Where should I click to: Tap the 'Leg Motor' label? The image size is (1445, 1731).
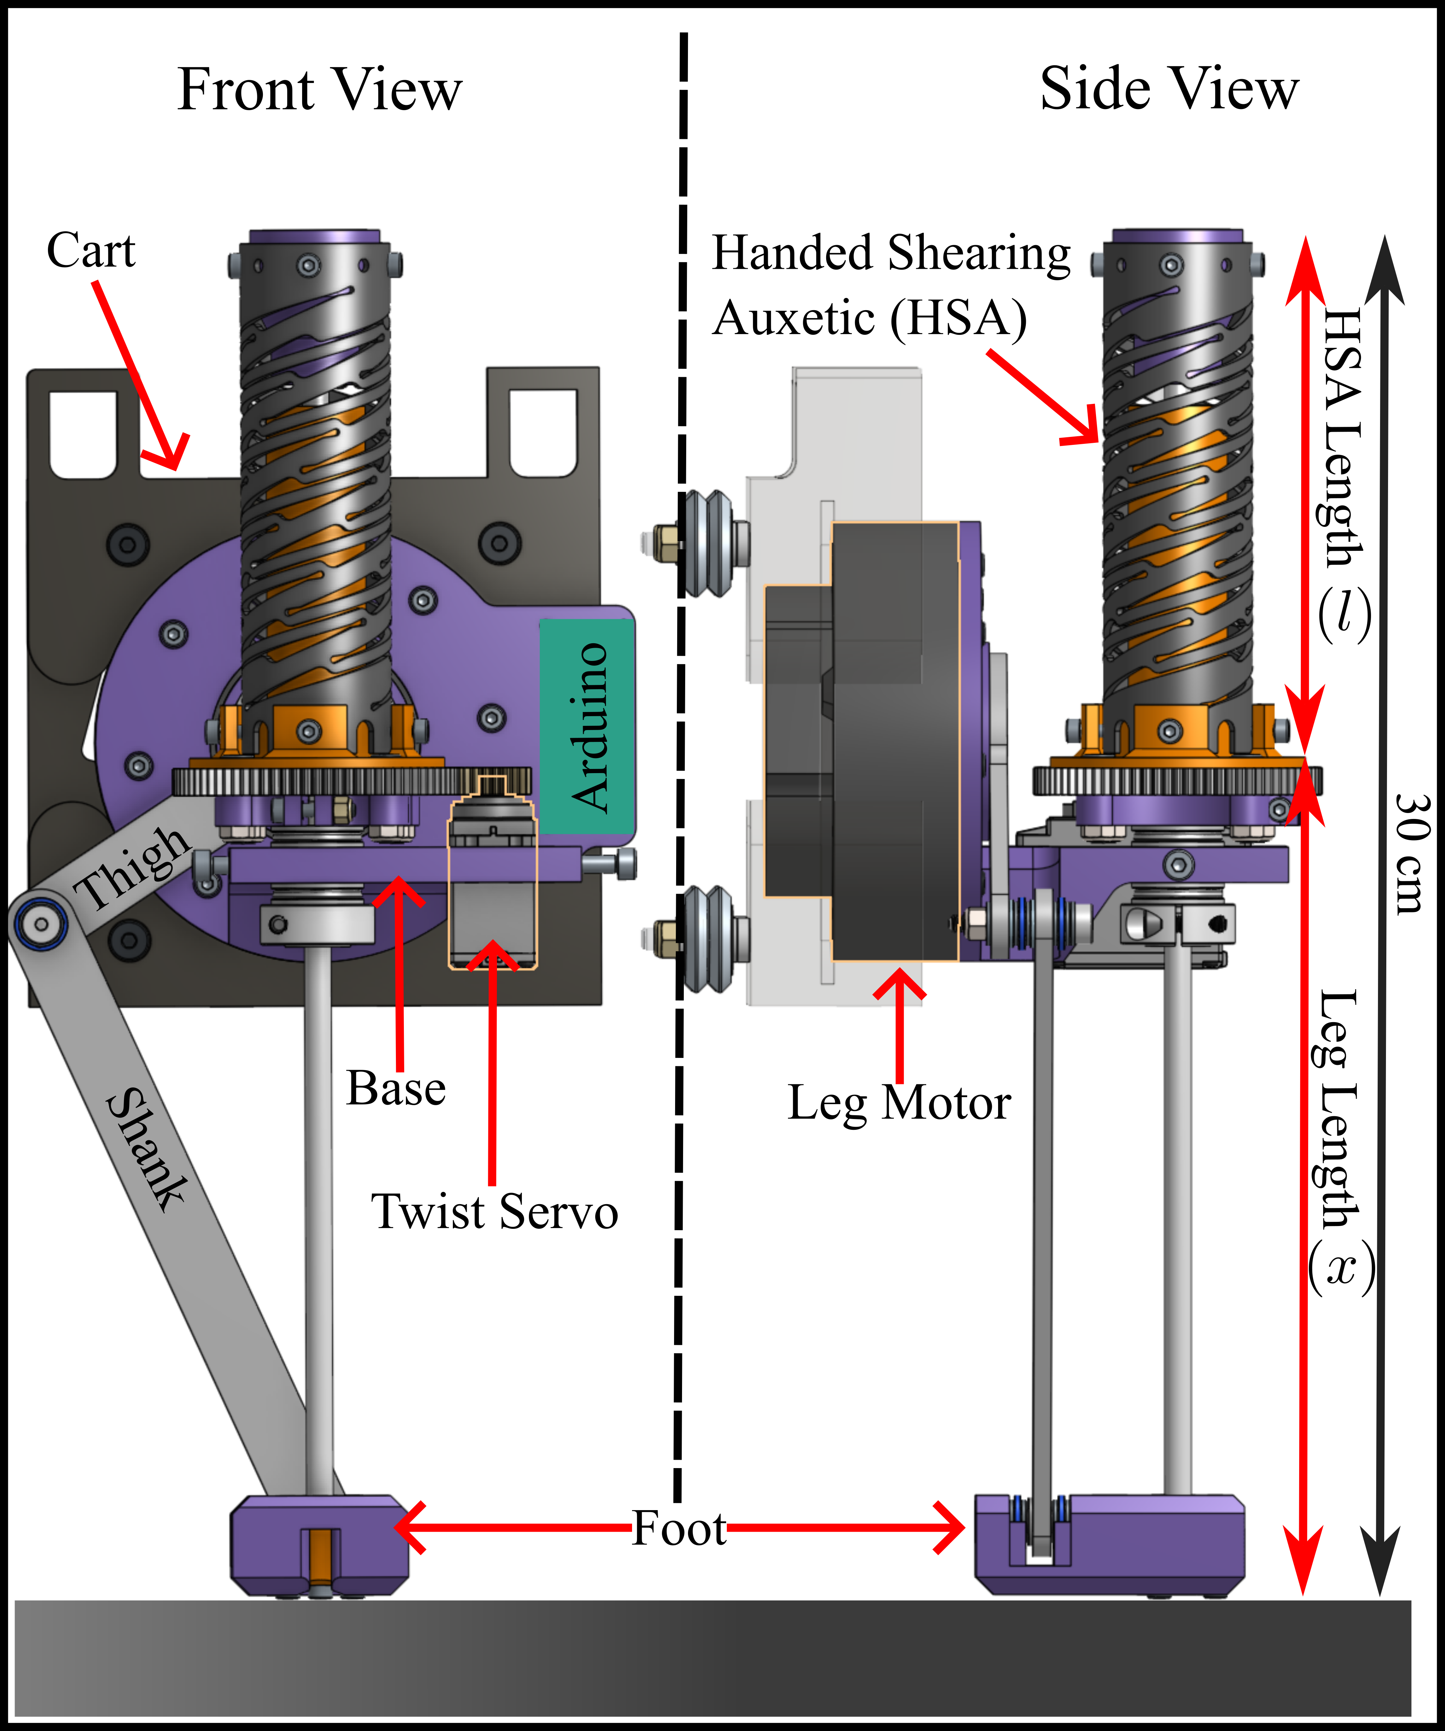coord(898,1103)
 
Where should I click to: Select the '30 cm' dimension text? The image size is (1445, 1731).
coord(1411,853)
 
